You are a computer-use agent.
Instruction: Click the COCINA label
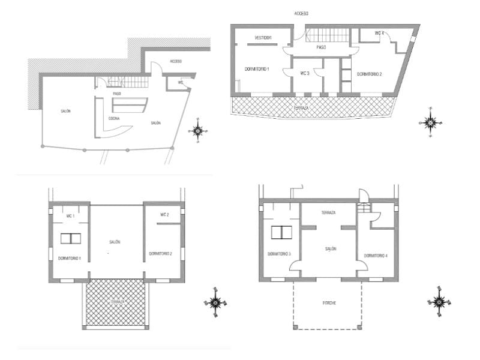click(x=114, y=118)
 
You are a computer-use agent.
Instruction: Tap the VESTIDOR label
click(x=263, y=38)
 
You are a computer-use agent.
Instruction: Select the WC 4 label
click(x=379, y=33)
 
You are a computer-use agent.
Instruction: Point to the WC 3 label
click(x=304, y=73)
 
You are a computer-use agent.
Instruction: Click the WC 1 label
click(x=70, y=215)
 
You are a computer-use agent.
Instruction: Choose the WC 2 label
click(x=164, y=215)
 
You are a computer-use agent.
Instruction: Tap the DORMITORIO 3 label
click(x=279, y=254)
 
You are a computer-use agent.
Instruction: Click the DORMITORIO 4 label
click(x=376, y=256)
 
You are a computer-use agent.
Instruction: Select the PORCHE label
click(x=328, y=303)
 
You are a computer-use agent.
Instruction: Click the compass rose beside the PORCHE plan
click(x=440, y=298)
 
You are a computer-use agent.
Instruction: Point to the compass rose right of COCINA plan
click(x=199, y=131)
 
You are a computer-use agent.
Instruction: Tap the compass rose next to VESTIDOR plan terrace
click(x=430, y=122)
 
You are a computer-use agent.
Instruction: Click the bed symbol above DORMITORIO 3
click(x=280, y=233)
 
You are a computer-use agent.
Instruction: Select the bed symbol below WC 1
click(x=71, y=238)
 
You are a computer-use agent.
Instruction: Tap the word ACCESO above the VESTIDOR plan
click(x=301, y=13)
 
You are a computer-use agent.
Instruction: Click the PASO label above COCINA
click(x=118, y=94)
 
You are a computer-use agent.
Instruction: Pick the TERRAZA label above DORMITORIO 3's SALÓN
click(x=328, y=213)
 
